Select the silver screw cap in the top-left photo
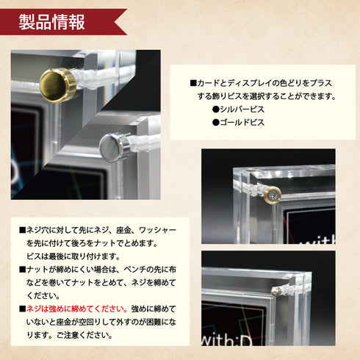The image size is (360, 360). click(112, 147)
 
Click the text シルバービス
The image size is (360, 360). click(242, 109)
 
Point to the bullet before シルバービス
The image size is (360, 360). click(215, 109)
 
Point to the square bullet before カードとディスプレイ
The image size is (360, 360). click(193, 84)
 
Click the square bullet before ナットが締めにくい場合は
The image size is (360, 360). click(22, 270)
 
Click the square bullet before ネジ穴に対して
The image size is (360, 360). click(22, 229)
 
